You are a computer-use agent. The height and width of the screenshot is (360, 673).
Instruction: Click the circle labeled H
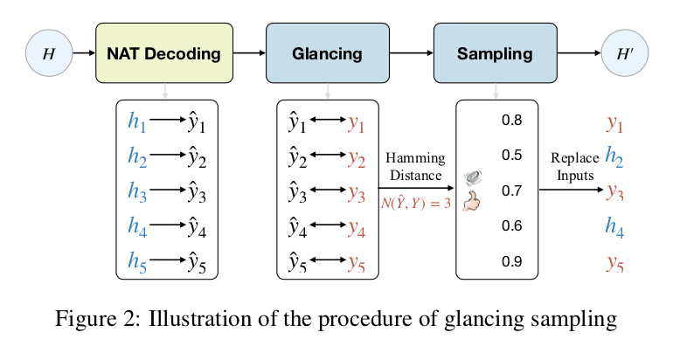click(48, 54)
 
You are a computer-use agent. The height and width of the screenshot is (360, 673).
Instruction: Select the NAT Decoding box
click(164, 54)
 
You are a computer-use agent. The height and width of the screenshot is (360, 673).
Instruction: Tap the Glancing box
click(328, 54)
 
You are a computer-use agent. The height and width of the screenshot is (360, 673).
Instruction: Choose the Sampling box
click(495, 54)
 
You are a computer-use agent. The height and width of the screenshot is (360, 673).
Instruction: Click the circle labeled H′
click(624, 54)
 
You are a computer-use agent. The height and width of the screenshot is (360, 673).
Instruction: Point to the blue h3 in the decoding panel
click(137, 190)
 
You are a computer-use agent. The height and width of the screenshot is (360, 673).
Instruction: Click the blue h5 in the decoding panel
click(137, 260)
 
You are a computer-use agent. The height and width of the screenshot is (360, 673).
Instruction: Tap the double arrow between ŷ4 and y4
click(328, 226)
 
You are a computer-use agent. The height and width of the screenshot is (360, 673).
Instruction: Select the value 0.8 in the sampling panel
click(511, 120)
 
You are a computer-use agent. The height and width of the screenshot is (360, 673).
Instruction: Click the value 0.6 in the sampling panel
click(511, 225)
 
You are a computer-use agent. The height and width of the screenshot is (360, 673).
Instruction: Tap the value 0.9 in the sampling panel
click(511, 260)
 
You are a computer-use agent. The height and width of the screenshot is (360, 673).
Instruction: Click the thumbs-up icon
click(473, 203)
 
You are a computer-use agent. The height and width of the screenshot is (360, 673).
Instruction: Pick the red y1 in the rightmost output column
click(614, 123)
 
